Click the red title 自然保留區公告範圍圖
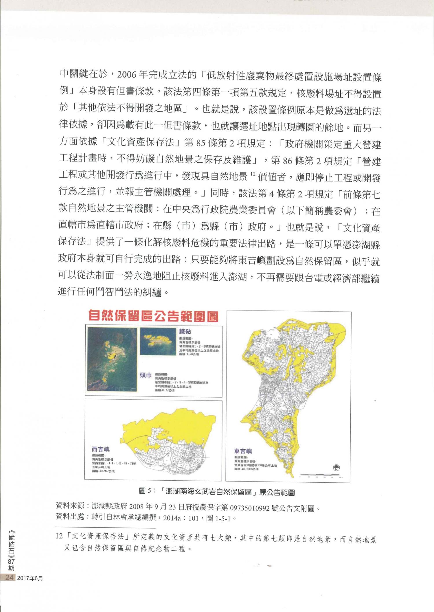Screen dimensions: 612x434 [153, 316]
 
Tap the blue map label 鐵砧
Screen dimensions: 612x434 [185, 332]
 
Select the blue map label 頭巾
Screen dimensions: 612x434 [146, 375]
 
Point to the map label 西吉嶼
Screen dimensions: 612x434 [100, 449]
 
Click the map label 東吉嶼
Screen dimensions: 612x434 [243, 451]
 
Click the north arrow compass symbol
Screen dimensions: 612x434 [336, 468]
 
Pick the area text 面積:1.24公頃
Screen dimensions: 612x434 [189, 354]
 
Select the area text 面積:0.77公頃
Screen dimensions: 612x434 [165, 390]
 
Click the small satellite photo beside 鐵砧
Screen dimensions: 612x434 [158, 341]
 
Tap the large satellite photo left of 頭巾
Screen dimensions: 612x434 [112, 359]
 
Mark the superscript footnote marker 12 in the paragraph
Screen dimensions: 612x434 [253, 174]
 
